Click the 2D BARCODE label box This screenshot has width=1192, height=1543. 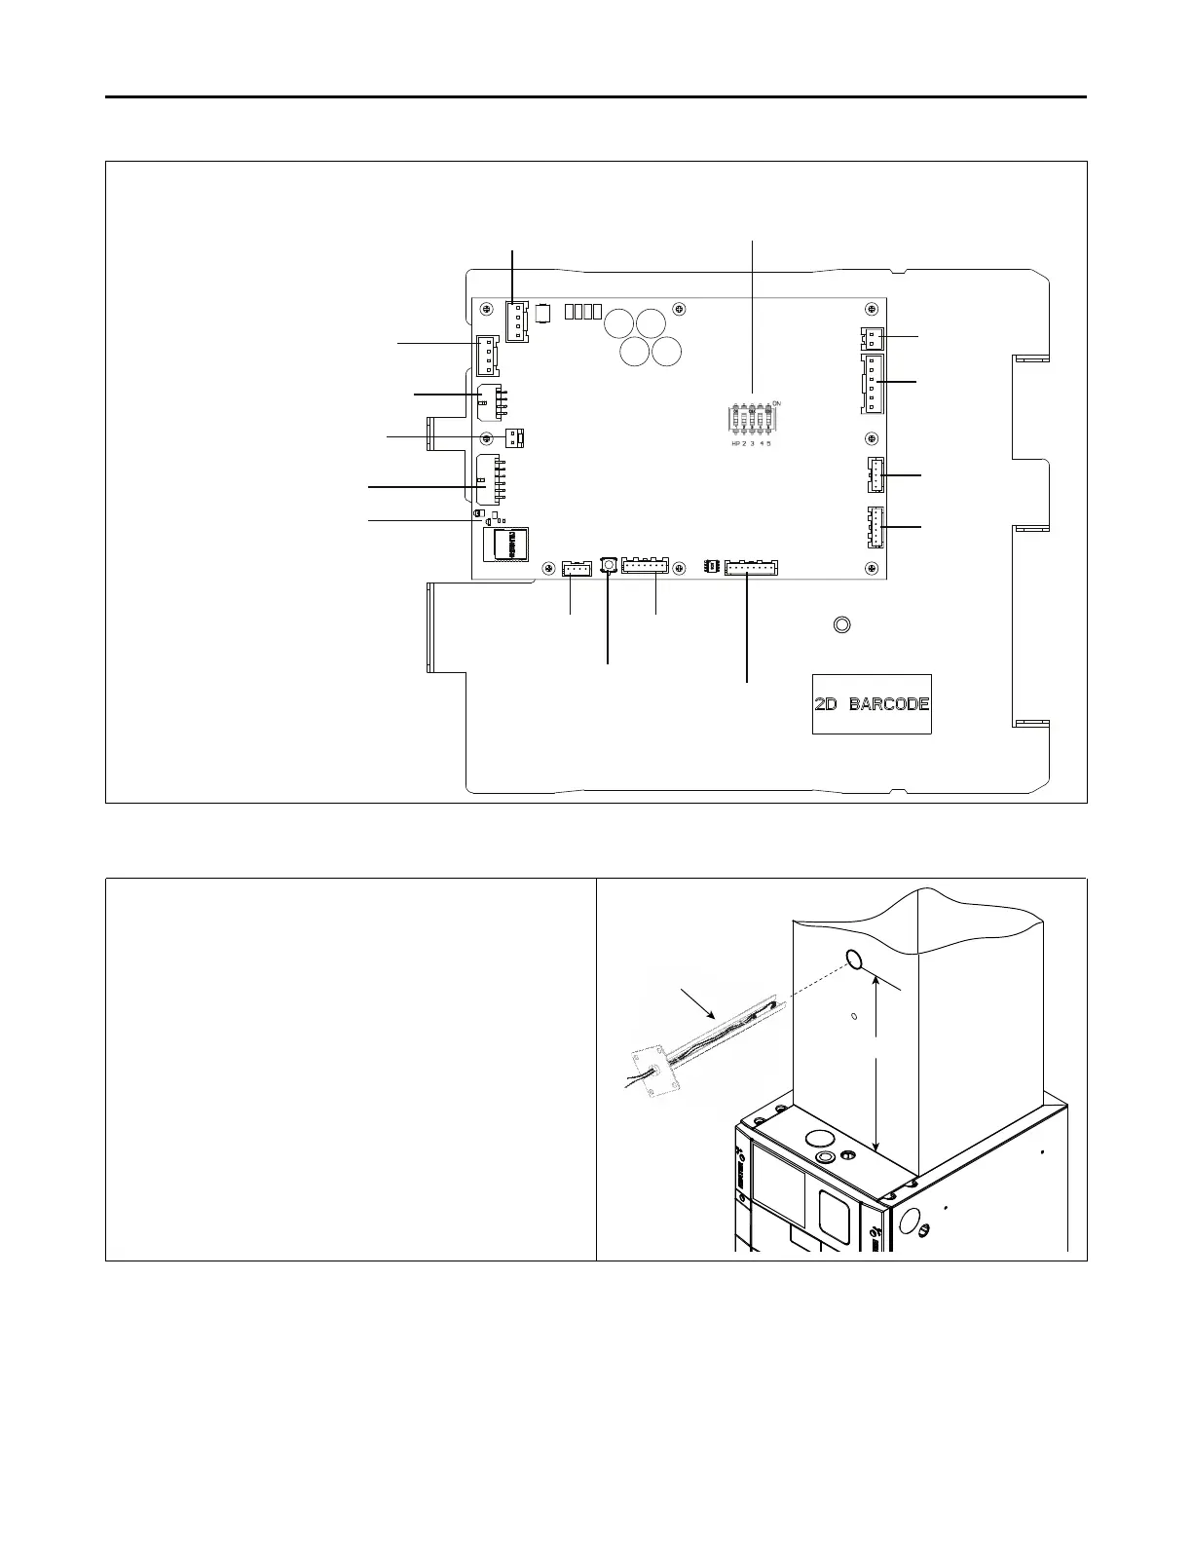click(872, 703)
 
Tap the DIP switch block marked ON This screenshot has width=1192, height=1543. click(752, 420)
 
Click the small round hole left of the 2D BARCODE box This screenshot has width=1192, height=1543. click(842, 624)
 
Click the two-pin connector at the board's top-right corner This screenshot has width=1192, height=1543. click(872, 338)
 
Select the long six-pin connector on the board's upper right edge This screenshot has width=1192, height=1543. click(873, 384)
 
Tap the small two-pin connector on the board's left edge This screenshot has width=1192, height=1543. click(514, 437)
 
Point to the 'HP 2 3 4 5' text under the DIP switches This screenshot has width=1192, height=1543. click(752, 444)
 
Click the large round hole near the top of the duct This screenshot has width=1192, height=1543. click(854, 960)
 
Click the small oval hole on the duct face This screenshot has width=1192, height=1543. click(854, 1017)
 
